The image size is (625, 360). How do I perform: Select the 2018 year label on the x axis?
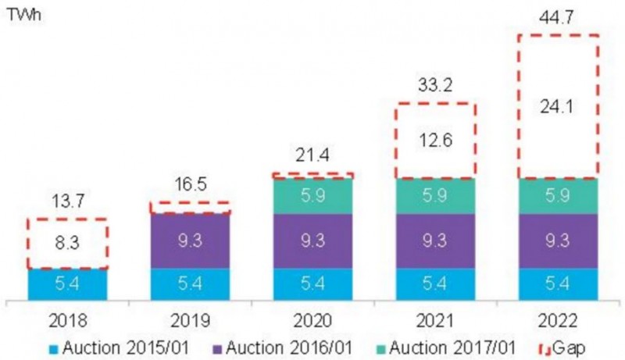tap(67, 320)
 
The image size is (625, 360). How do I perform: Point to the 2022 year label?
tap(558, 320)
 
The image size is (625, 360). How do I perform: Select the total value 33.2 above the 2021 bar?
tap(435, 84)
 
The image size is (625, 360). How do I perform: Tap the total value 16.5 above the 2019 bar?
tap(190, 187)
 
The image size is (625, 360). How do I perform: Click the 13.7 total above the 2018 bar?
tap(67, 202)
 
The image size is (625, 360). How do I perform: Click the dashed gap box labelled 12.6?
tap(435, 141)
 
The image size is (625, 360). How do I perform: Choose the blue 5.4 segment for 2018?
tap(67, 284)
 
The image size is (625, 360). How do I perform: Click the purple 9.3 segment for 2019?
tap(190, 241)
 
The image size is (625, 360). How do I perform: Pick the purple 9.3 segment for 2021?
tap(435, 241)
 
